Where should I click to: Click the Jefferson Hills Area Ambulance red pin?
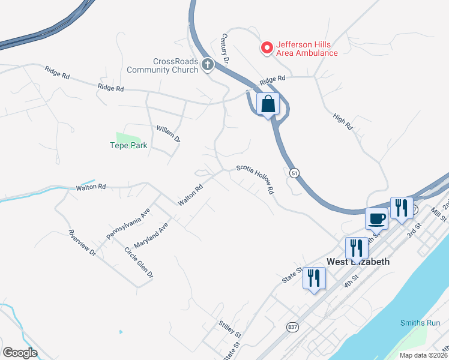click(x=267, y=47)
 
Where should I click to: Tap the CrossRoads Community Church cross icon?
click(x=208, y=64)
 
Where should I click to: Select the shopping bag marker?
click(x=268, y=104)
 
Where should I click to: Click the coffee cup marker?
click(x=376, y=218)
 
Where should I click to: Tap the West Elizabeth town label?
click(x=358, y=262)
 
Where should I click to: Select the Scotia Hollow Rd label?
click(x=255, y=179)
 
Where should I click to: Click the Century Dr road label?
click(x=226, y=49)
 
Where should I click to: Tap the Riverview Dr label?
click(x=82, y=243)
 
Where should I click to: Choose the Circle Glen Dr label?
click(x=139, y=262)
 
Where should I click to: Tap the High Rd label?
click(x=343, y=122)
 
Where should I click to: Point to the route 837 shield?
click(x=292, y=327)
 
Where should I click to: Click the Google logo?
click(x=20, y=353)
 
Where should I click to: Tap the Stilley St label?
click(x=230, y=329)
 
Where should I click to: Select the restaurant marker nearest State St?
click(x=314, y=278)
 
